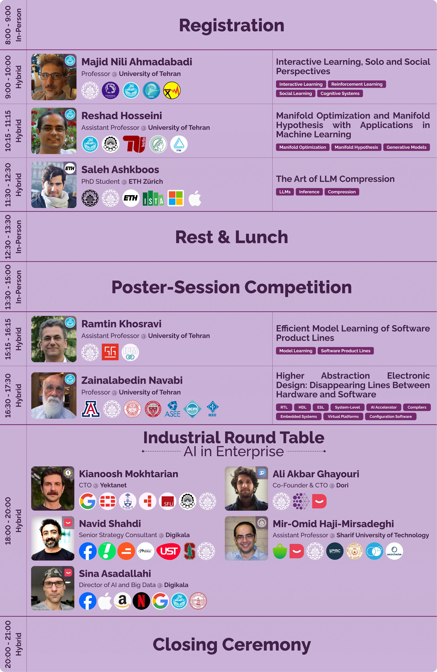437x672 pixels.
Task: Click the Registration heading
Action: [231, 25]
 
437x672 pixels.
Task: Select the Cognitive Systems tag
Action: [340, 93]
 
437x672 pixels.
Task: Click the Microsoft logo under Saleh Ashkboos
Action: [176, 198]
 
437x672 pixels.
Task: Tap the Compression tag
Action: [342, 192]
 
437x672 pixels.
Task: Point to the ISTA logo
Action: [153, 198]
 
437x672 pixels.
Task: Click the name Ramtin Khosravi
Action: [121, 324]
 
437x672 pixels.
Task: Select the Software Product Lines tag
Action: [346, 351]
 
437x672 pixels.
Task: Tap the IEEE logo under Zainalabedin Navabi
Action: [213, 409]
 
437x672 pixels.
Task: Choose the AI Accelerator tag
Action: [384, 407]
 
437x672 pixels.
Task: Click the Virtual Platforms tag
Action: [343, 417]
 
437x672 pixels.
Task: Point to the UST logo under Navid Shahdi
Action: [169, 551]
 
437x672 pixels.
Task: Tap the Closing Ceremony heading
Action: [231, 645]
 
